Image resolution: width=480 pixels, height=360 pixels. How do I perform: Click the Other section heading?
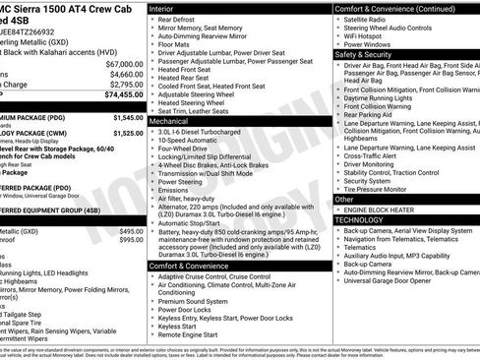coord(345,198)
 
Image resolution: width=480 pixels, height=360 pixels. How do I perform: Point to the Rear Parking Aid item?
coord(370,114)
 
